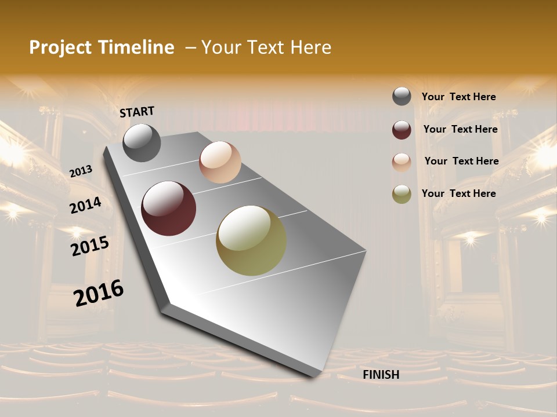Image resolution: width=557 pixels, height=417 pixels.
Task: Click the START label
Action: tap(137, 111)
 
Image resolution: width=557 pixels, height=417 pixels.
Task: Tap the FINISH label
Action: tap(381, 375)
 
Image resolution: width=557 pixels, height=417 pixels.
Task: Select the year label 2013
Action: tap(81, 171)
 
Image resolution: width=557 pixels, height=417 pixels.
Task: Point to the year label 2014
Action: tap(85, 205)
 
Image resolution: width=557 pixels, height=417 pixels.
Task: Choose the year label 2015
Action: tap(90, 246)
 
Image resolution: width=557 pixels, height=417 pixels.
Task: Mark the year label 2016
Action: tap(99, 293)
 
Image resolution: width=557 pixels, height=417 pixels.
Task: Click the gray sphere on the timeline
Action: tap(142, 142)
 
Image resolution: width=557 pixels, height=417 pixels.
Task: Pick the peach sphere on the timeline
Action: tap(220, 162)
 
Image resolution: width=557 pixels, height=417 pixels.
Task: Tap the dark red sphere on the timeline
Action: tap(168, 209)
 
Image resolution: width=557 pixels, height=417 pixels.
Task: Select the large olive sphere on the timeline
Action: tap(251, 240)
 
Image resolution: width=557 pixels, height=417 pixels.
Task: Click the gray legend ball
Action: tap(402, 97)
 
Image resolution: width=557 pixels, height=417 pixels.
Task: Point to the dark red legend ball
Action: tap(402, 130)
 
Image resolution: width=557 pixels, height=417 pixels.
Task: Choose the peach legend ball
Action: tap(402, 162)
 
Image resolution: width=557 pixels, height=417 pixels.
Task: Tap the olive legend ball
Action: tap(402, 194)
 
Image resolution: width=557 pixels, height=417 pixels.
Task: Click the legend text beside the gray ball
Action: tap(458, 97)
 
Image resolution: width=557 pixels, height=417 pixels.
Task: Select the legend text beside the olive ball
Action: tap(458, 193)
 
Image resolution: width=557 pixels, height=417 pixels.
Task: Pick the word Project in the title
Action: tap(59, 47)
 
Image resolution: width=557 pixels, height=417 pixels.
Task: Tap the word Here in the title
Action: tap(310, 47)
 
